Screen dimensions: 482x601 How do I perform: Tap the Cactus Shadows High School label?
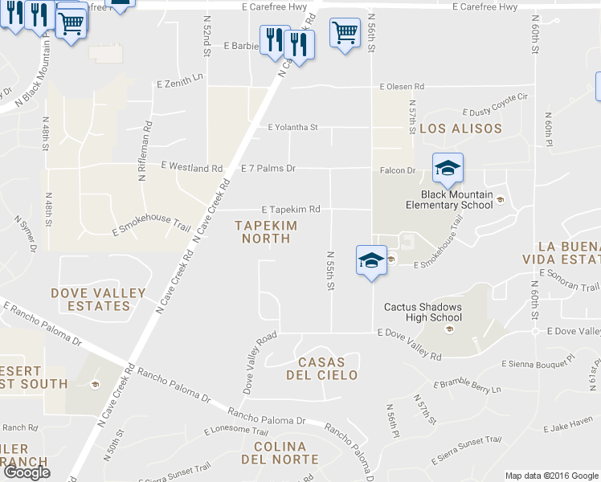(423, 312)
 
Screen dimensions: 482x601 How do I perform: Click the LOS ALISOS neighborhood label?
(460, 129)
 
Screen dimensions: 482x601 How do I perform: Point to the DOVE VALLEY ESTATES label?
(99, 300)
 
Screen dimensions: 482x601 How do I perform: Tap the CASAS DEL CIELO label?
(327, 369)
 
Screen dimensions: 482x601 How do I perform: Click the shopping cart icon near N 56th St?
(345, 33)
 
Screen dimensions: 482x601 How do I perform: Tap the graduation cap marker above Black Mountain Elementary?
(448, 168)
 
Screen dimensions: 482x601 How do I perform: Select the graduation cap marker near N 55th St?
(370, 260)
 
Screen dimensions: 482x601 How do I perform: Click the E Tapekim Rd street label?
(291, 209)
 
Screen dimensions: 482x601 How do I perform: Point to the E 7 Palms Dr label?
(268, 169)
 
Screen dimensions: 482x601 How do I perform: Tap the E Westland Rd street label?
(191, 167)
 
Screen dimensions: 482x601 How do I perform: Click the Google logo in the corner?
(27, 472)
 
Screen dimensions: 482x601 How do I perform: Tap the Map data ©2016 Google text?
(551, 476)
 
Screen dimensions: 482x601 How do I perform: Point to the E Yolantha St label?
(292, 127)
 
